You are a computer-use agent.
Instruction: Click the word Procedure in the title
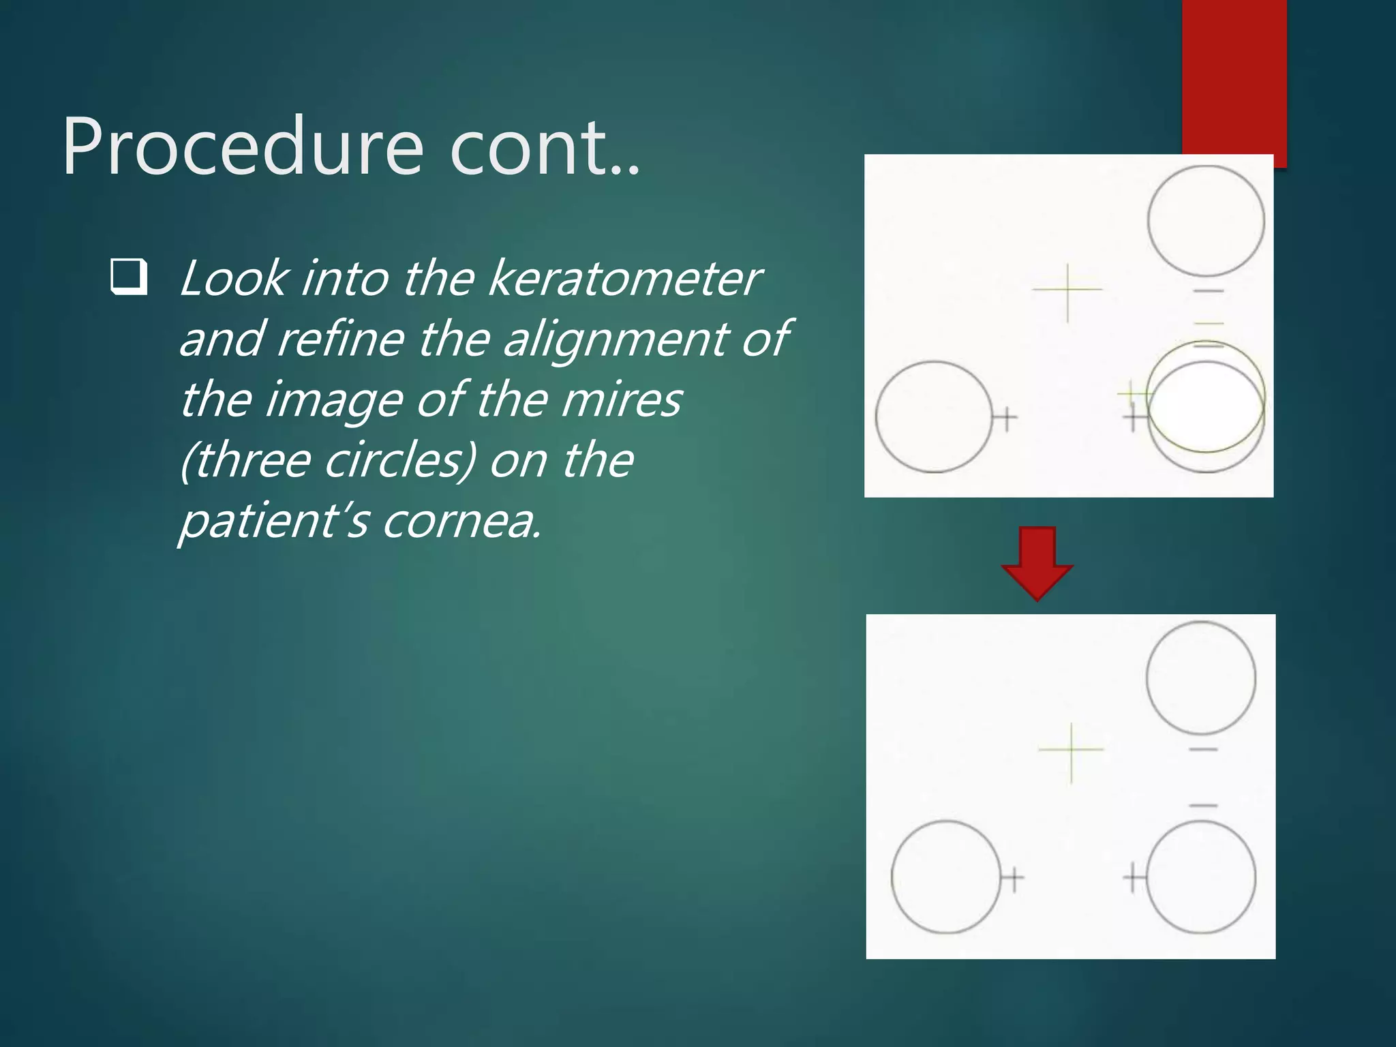243,147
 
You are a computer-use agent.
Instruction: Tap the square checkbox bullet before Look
129,277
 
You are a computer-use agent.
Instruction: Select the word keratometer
624,279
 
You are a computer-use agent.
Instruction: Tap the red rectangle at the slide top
1234,75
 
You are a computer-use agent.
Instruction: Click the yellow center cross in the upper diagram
1067,290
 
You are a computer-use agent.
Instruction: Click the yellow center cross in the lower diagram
1071,750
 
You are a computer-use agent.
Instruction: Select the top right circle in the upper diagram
1205,221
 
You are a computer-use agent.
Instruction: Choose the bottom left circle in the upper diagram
933,416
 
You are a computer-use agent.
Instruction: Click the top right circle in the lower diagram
1201,677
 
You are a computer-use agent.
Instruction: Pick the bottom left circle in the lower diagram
945,877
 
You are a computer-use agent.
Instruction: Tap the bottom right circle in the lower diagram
1201,877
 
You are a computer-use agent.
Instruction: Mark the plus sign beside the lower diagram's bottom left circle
1013,878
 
